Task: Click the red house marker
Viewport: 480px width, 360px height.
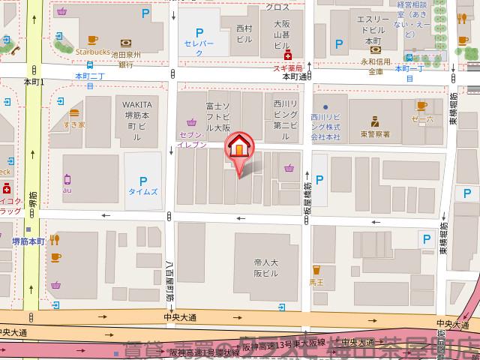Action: pos(239,146)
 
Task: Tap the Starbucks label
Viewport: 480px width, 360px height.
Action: pos(93,52)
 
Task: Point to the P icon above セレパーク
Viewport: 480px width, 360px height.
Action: pos(199,33)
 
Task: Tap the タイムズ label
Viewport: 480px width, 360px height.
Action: pos(142,192)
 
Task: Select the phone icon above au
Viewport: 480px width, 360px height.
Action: pos(67,178)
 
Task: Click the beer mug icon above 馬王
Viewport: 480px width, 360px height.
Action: pos(316,269)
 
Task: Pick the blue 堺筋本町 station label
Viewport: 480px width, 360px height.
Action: pos(28,242)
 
